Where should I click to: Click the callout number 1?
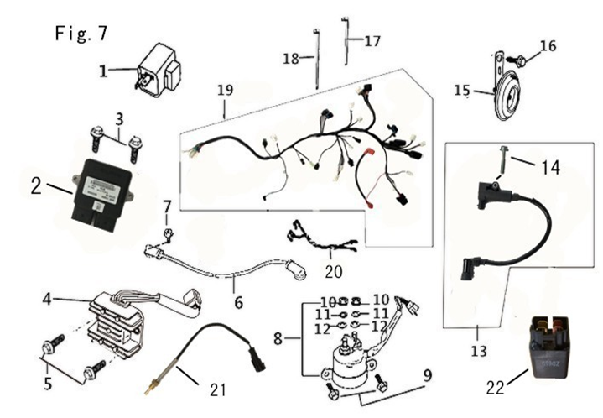click(x=103, y=71)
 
